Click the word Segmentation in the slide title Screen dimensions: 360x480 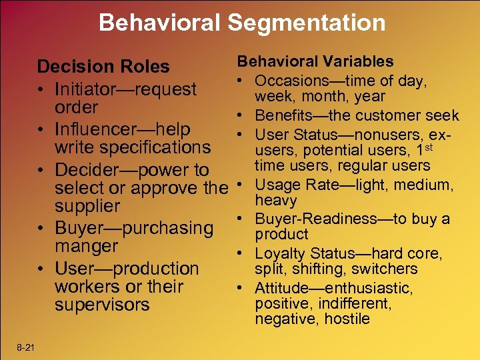tap(307, 23)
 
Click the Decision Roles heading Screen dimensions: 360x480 tap(103, 67)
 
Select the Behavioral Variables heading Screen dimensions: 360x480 tap(316, 61)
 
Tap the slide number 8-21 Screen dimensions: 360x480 tap(27, 347)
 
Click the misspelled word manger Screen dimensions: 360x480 tap(86, 246)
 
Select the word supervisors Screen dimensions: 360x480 tap(102, 305)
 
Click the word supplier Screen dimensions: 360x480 tap(87, 206)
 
